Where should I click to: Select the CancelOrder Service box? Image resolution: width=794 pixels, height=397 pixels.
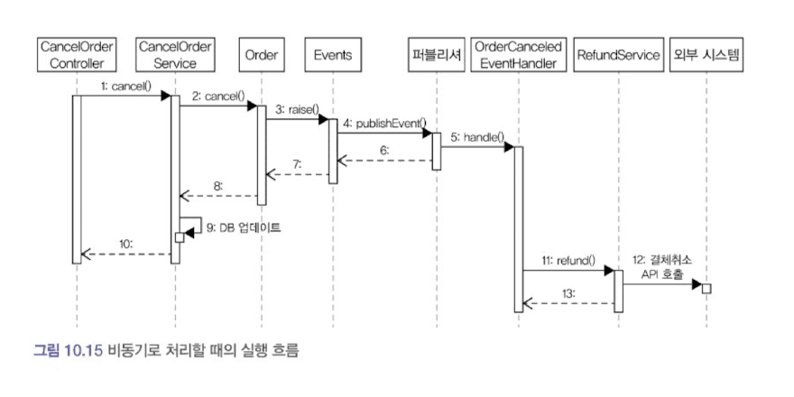coord(175,54)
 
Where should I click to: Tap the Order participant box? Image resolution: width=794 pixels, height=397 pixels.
coord(262,55)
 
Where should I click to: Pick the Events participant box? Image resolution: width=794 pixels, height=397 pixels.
coord(332,55)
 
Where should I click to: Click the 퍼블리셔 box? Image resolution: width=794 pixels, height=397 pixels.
coord(434,55)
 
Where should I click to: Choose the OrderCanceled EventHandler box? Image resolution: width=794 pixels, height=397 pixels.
coord(519,54)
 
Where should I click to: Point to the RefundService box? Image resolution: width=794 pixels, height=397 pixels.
coord(618,55)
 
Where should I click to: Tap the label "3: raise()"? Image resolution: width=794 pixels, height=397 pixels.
coord(296,109)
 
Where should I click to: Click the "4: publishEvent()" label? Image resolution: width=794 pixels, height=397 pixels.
coord(384,123)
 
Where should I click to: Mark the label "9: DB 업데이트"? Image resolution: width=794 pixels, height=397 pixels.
coord(238,227)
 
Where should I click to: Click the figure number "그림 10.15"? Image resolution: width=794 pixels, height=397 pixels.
coord(69,349)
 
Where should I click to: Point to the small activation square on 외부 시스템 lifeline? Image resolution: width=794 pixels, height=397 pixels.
coord(706,288)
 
